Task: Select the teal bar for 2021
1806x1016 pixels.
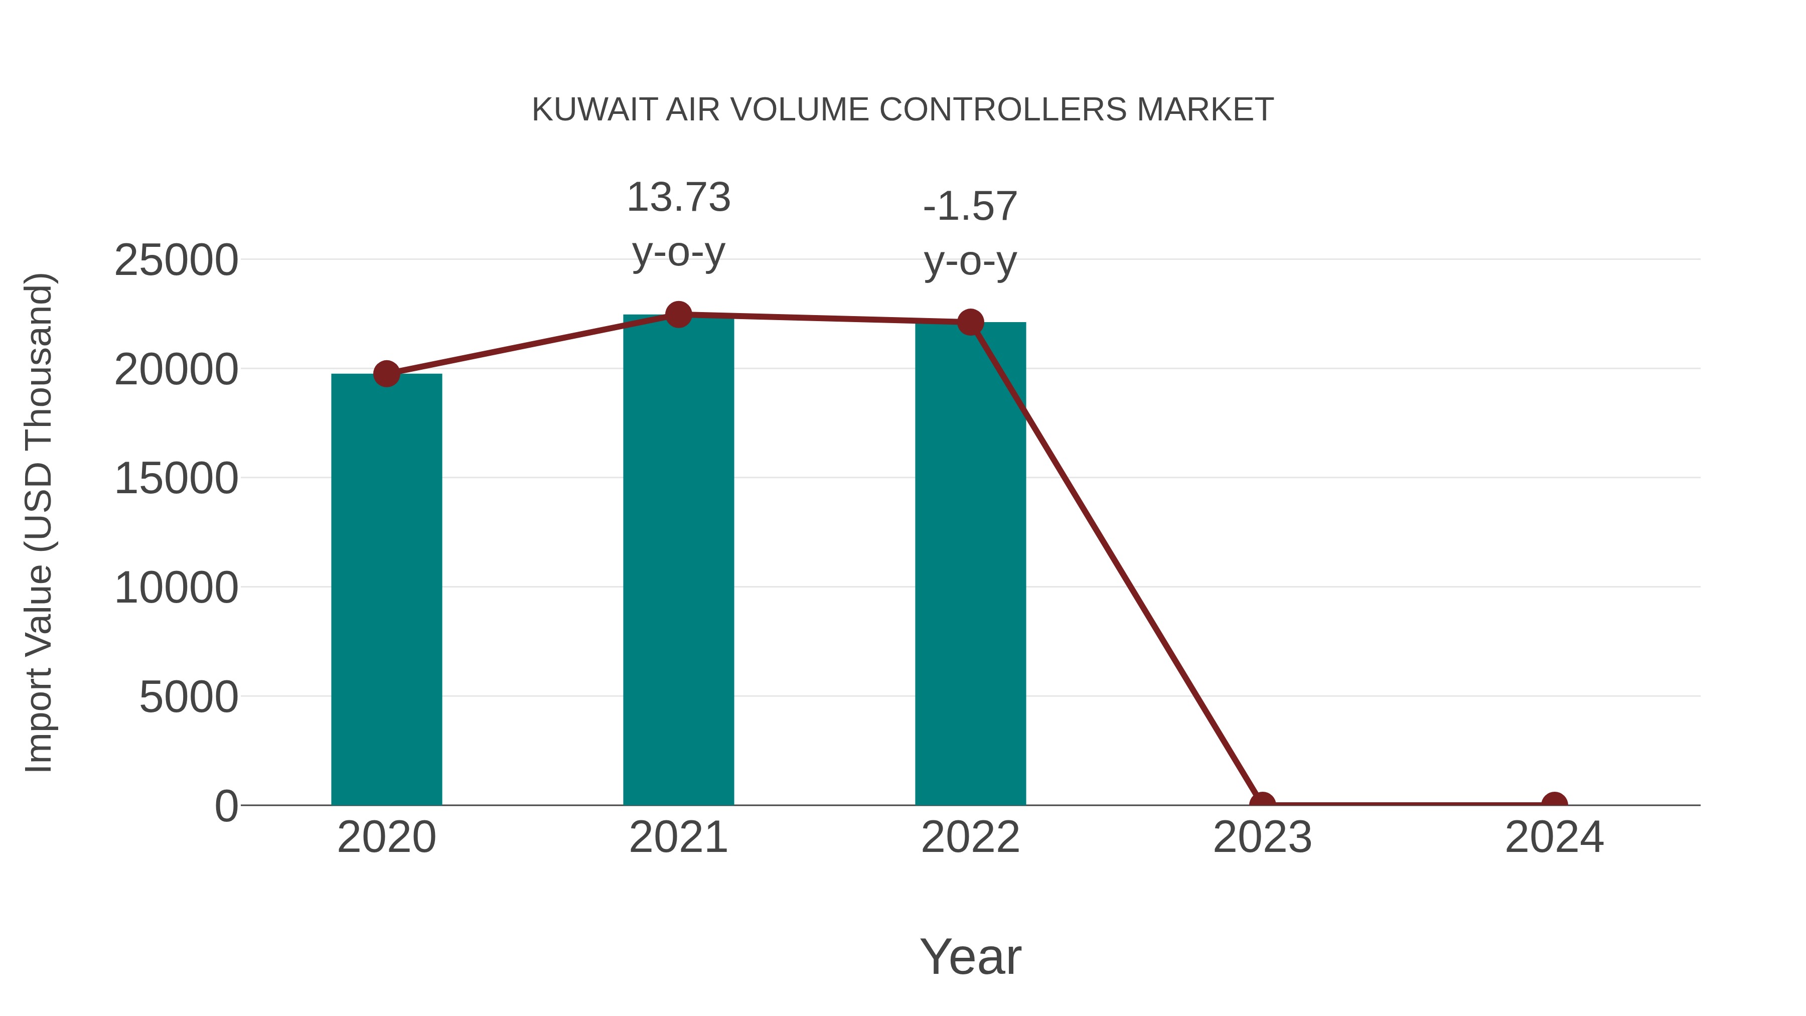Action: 678,561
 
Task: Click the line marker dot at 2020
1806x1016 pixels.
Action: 386,374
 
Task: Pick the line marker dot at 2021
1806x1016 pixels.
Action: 678,315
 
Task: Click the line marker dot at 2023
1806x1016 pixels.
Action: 1262,804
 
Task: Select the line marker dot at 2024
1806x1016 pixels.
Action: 1554,804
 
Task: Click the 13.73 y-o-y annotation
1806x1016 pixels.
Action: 678,224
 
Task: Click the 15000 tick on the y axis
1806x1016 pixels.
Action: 176,479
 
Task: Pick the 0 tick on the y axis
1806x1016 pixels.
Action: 226,806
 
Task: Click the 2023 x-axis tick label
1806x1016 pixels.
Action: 1262,837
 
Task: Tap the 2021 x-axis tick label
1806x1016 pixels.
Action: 678,837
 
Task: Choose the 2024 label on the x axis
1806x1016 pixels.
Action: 1554,837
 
